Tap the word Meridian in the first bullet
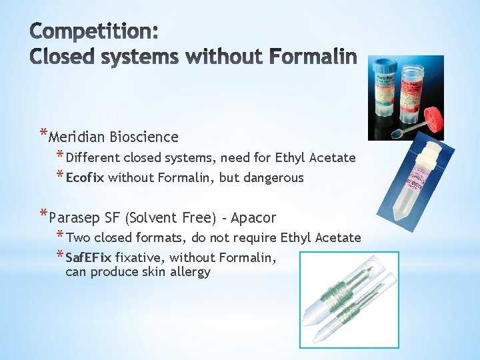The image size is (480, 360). (77, 137)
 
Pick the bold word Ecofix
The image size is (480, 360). (85, 178)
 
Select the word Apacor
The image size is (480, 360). (253, 218)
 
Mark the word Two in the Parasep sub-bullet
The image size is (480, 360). (77, 238)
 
